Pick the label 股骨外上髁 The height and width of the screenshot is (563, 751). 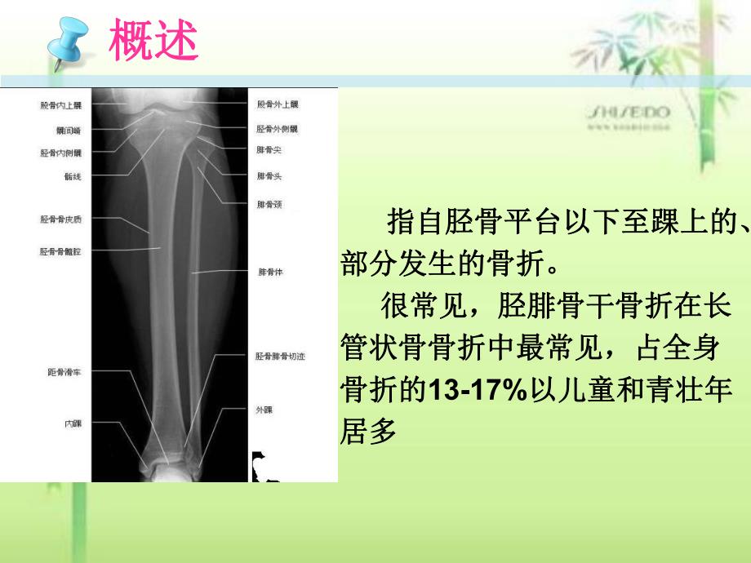pos(278,105)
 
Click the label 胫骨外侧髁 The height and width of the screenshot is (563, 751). pos(278,129)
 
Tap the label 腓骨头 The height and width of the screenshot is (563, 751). pos(269,175)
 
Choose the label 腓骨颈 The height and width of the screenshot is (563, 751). pos(269,204)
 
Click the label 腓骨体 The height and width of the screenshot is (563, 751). pos(269,270)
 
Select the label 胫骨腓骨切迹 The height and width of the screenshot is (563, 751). pos(280,357)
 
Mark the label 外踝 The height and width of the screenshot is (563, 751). pos(264,410)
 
